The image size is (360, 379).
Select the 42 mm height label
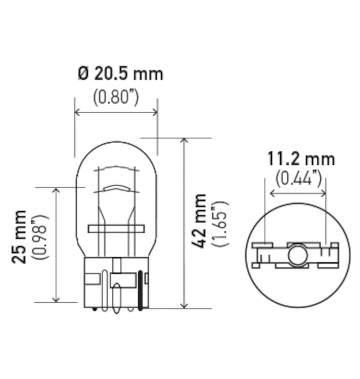coord(201,221)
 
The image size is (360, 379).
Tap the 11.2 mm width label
coord(300,159)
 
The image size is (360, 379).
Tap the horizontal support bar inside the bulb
coord(115,229)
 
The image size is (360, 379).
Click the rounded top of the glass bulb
coord(116,142)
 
